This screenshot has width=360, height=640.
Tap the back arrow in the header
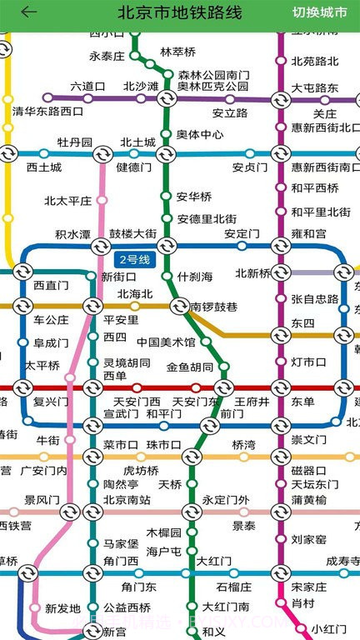29,12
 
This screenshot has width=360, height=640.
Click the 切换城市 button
320,12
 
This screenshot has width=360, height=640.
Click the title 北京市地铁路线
179,12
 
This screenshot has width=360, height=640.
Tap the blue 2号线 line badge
133,259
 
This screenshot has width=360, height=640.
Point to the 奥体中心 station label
200,134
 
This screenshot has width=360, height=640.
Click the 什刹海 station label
195,277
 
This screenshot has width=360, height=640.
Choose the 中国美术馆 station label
166,342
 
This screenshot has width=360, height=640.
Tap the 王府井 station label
252,402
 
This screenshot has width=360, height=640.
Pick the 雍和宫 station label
309,234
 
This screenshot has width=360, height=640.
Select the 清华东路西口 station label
48,111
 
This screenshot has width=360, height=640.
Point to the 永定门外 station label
225,500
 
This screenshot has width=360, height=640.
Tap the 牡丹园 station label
74,142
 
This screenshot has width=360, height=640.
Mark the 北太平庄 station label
67,200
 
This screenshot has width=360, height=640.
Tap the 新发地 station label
62,608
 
